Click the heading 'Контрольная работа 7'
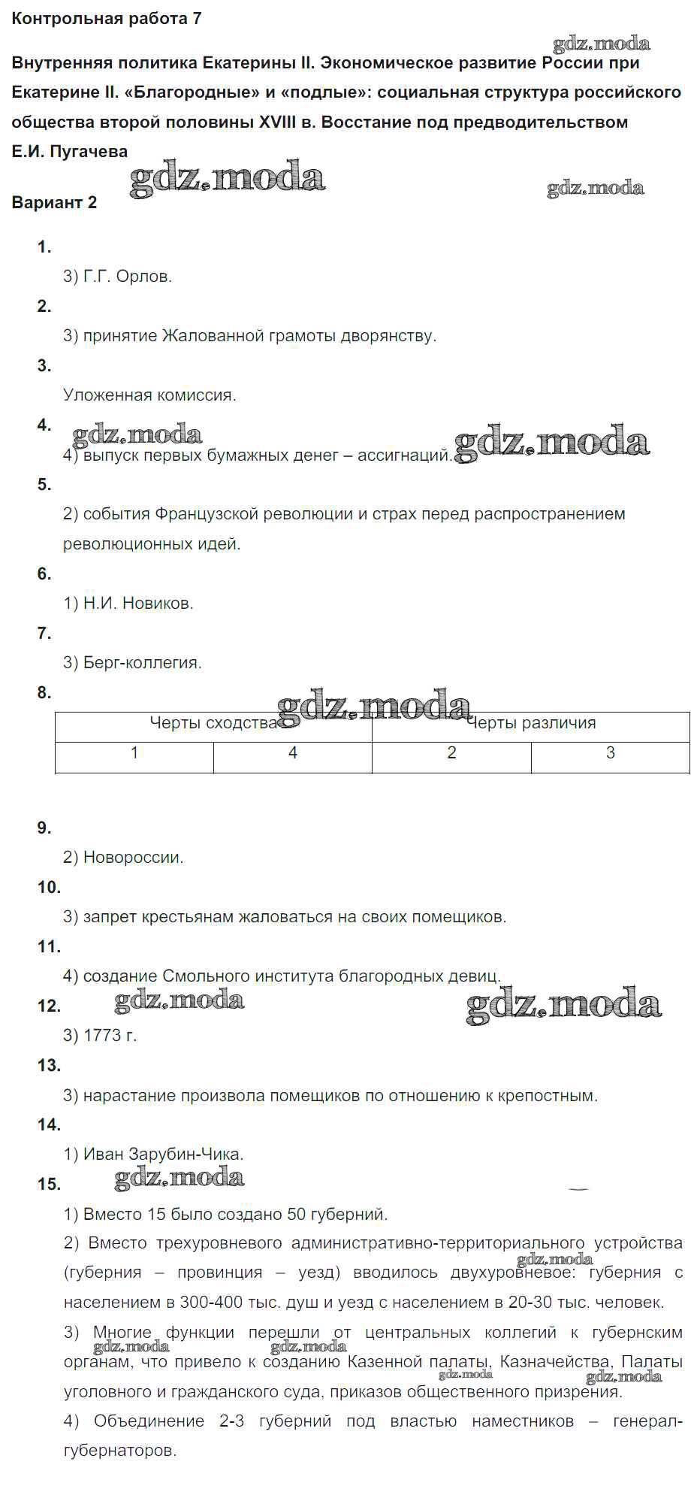click(x=107, y=19)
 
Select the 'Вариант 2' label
click(x=54, y=202)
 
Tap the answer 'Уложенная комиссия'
click(x=149, y=395)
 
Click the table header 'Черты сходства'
click(x=213, y=723)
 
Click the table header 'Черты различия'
click(x=531, y=723)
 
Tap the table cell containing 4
click(x=293, y=753)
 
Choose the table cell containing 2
click(x=451, y=753)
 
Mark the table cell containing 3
click(x=611, y=753)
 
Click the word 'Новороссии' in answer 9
click(x=133, y=858)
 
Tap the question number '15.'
click(x=49, y=1185)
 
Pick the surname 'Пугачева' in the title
click(x=89, y=152)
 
